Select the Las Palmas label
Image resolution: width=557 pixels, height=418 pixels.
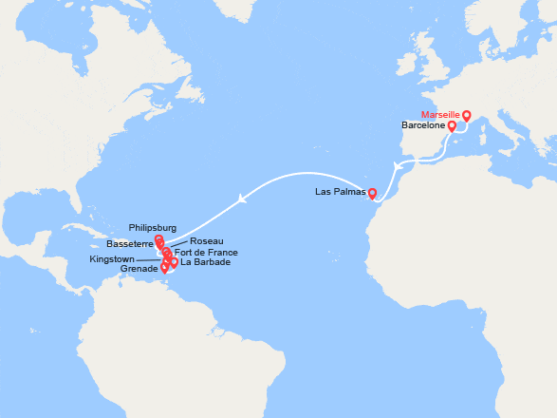tap(339, 193)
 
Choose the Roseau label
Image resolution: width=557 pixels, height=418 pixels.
tap(207, 241)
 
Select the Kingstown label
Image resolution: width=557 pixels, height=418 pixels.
tap(116, 258)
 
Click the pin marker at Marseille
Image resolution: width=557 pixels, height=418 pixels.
tap(467, 116)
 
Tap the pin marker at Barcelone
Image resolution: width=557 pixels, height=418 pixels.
tap(453, 125)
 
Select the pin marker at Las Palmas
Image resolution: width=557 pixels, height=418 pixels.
tap(372, 194)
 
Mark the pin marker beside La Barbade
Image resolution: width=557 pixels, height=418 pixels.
tap(174, 261)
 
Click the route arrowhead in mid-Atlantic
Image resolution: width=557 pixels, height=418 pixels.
tap(244, 199)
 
